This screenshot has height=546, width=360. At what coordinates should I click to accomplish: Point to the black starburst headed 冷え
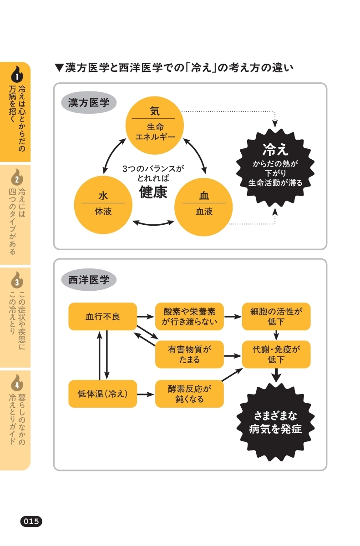coord(275,167)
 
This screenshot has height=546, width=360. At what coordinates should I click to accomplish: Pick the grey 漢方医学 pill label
coord(89,103)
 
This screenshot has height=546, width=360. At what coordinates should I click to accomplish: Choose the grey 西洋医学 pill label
coord(89,279)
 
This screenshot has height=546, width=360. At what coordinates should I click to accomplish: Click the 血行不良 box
coord(102,316)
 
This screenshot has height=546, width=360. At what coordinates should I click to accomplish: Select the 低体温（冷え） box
coord(102,394)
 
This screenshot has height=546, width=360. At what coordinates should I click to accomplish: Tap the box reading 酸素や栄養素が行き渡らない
coord(189,316)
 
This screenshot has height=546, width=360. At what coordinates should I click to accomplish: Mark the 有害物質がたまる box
coord(189,354)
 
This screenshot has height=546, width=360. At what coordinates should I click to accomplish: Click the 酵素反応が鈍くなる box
coord(189,394)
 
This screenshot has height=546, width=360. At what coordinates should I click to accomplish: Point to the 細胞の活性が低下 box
coord(276,316)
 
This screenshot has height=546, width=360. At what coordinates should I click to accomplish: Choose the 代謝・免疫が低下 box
coord(276,354)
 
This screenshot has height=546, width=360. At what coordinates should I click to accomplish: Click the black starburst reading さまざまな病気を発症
coord(275,422)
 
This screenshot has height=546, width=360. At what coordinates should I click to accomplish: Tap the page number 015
coord(31,521)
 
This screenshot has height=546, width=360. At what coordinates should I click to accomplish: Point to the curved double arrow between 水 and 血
coord(153,223)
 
